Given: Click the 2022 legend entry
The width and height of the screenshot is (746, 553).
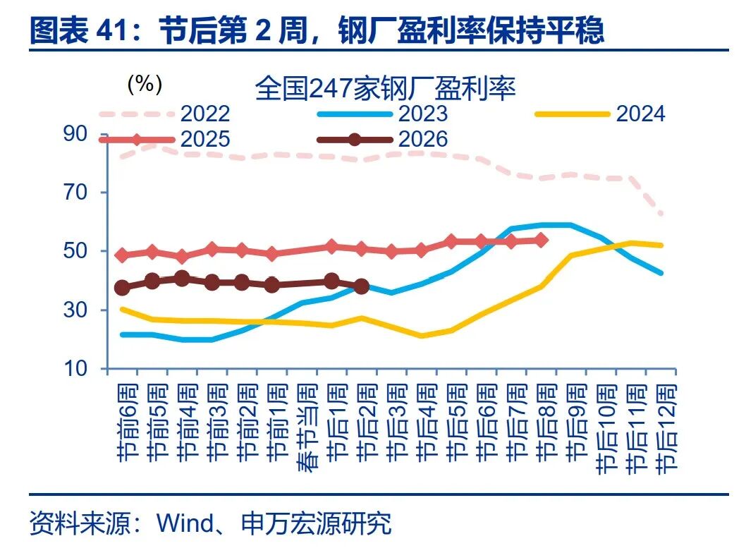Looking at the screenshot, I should (205, 114).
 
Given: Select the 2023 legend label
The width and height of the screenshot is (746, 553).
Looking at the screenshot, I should (422, 114).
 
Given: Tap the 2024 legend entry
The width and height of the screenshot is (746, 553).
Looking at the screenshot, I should (640, 114).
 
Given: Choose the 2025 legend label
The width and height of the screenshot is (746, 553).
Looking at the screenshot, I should (205, 139).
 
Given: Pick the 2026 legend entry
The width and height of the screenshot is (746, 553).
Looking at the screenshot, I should (422, 139).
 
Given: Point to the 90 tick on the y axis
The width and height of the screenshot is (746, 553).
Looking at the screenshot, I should (75, 134).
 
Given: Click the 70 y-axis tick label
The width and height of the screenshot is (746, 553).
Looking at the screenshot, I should (75, 193).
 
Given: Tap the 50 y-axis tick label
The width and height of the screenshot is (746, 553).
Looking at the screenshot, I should (75, 251).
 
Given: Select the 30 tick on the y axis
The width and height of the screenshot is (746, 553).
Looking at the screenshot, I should (75, 310).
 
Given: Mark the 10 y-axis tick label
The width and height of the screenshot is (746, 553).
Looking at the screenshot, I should (75, 369).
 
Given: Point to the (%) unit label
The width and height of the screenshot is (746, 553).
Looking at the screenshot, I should (145, 84).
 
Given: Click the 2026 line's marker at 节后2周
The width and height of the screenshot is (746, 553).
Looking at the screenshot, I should (362, 287).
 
